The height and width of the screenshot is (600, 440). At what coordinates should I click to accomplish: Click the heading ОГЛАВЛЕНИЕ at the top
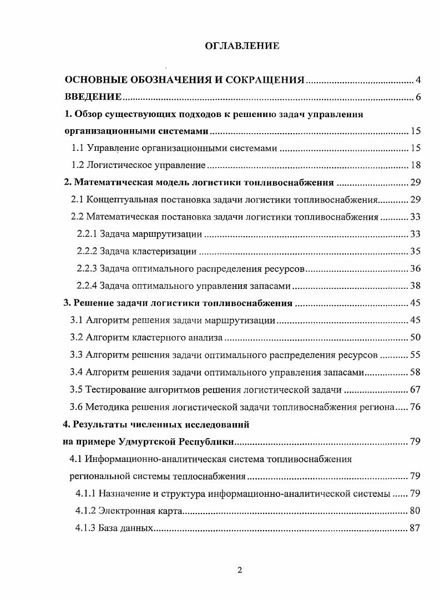point(242,46)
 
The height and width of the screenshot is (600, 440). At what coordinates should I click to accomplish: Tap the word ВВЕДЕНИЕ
point(93,98)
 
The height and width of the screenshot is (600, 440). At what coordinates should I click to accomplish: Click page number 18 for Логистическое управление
point(416,165)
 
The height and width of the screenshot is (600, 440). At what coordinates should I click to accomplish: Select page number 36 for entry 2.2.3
point(416,268)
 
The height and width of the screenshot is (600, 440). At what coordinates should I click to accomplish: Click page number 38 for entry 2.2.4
point(416,286)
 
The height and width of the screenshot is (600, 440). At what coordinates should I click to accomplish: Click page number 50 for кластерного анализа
point(416,337)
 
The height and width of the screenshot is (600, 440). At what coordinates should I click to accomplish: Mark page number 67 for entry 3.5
point(416,389)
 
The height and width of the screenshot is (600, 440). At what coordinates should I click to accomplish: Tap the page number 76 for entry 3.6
point(416,406)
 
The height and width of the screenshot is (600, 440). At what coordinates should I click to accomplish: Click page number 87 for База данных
point(416,528)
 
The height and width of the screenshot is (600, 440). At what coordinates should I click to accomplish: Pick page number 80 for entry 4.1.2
point(416,510)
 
